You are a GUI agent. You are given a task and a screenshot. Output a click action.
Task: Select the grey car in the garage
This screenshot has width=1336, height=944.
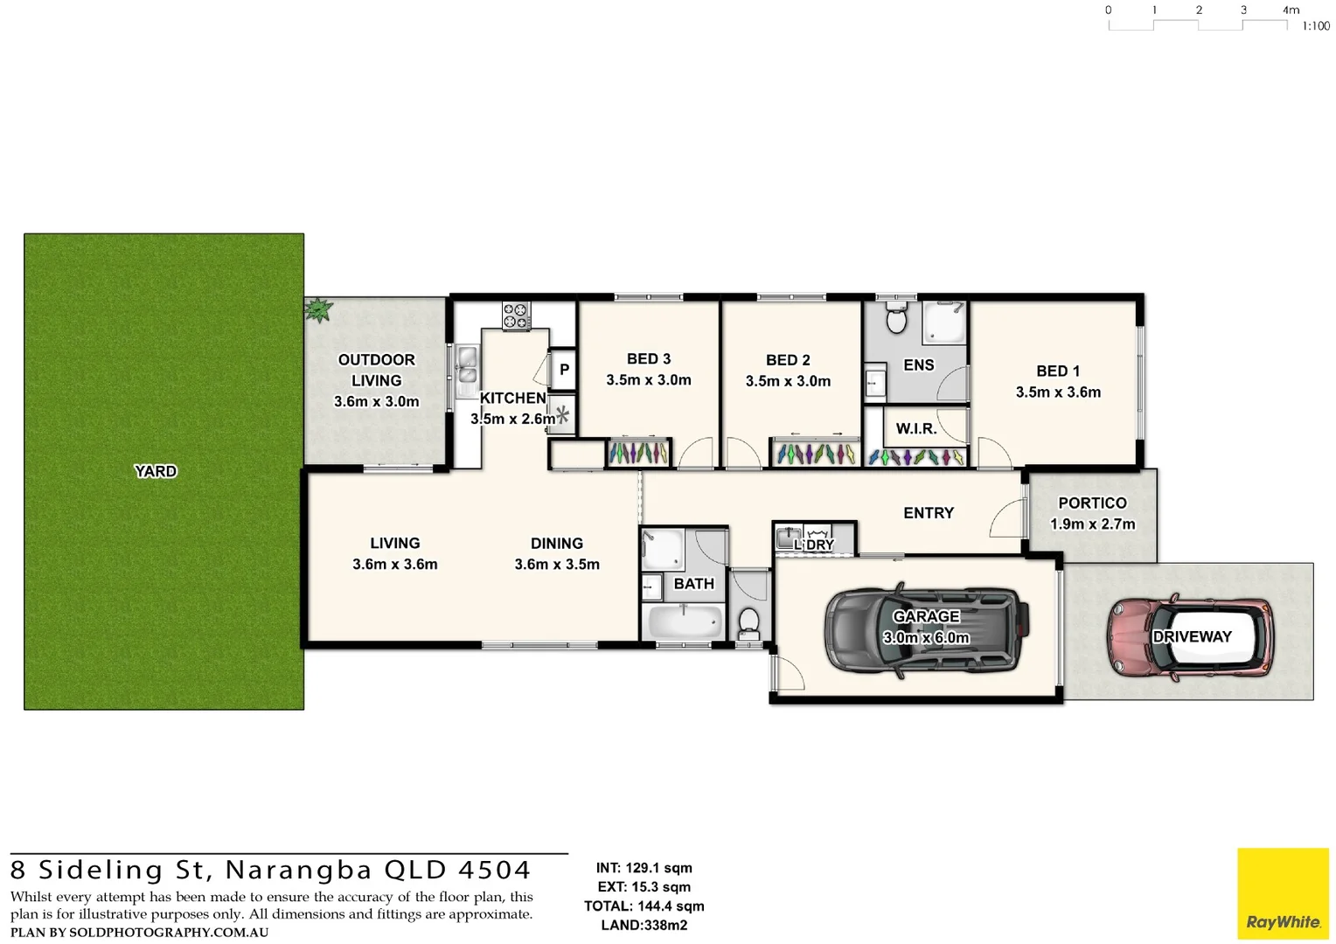click(926, 629)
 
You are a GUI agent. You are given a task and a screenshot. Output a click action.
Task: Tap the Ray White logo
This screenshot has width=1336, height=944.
click(1283, 893)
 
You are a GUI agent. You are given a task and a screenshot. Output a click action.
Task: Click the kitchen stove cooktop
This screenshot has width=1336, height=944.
click(516, 316)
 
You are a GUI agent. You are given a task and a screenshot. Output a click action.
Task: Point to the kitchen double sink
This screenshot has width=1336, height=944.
click(467, 365)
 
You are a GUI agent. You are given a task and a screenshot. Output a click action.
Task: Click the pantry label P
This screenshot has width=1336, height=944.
click(564, 370)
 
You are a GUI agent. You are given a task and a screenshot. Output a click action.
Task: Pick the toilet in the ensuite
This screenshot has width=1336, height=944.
click(896, 319)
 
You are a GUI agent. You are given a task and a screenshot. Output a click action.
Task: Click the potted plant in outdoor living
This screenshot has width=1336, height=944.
click(319, 309)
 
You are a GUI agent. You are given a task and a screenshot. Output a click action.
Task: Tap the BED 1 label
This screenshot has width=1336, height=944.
click(1057, 371)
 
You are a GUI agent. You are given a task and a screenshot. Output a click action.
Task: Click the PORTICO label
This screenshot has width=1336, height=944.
click(1092, 503)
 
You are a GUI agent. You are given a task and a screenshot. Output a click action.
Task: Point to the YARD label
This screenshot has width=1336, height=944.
click(156, 471)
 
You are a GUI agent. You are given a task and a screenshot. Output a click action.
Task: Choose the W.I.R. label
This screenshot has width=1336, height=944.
click(915, 429)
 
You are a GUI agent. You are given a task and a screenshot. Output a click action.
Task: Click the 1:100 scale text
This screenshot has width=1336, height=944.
click(1315, 26)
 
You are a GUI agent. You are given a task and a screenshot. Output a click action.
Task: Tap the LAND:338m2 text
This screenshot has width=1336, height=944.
click(644, 926)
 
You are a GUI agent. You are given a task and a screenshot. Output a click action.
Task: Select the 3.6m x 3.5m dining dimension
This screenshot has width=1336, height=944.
click(557, 565)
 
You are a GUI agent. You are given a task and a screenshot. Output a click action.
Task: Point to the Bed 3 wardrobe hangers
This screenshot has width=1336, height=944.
click(638, 453)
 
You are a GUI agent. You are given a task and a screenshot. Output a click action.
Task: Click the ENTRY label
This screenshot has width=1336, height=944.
click(928, 513)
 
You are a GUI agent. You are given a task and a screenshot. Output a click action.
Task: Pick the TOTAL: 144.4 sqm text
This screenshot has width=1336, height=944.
click(644, 906)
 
